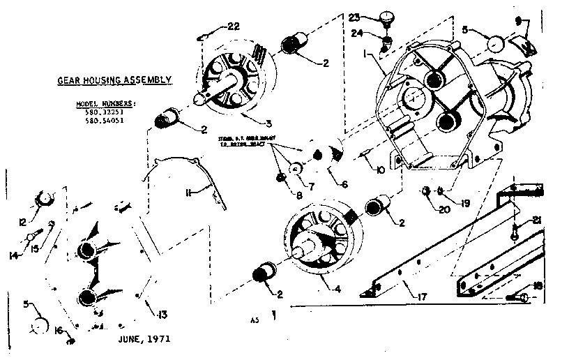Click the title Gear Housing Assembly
click(x=114, y=80)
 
